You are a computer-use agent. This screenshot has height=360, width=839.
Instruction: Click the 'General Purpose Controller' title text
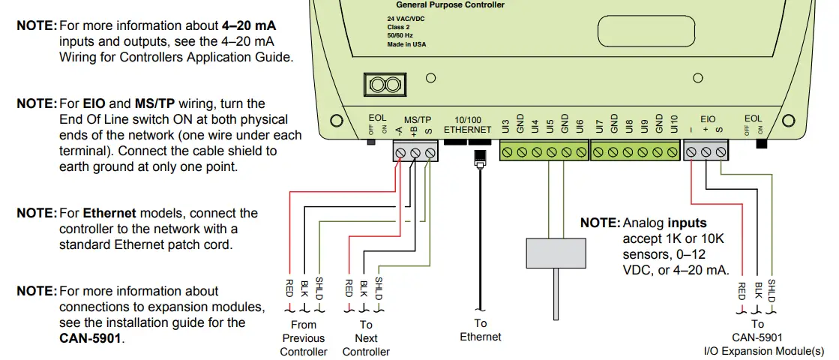point(450,5)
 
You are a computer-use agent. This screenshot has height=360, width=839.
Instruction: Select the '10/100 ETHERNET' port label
point(468,124)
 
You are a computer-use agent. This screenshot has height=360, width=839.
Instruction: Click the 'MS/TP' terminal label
point(418,120)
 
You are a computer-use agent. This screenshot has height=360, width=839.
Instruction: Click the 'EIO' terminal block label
point(708,119)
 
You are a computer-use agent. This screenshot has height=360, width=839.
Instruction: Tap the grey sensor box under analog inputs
point(556,252)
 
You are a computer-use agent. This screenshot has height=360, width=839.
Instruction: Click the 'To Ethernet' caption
point(480,330)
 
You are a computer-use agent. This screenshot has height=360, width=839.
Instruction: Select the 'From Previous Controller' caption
point(304,338)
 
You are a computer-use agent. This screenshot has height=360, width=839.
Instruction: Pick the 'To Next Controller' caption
point(366,338)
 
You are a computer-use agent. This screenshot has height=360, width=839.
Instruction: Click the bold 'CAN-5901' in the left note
point(91,338)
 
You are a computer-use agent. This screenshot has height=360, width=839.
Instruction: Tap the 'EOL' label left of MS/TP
point(377,118)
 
